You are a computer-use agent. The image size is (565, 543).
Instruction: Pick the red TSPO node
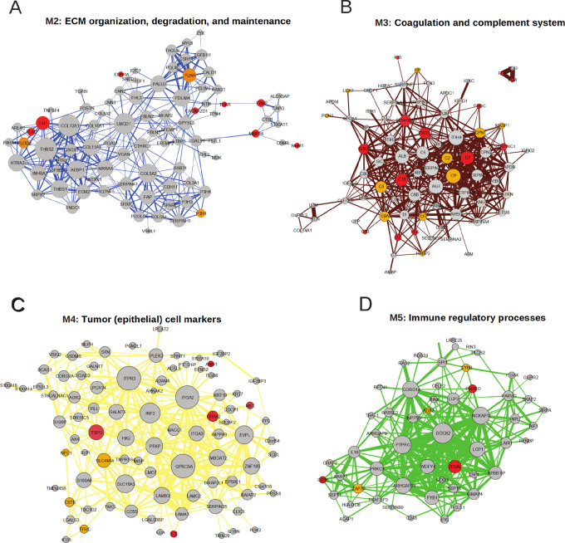(x=96, y=431)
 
